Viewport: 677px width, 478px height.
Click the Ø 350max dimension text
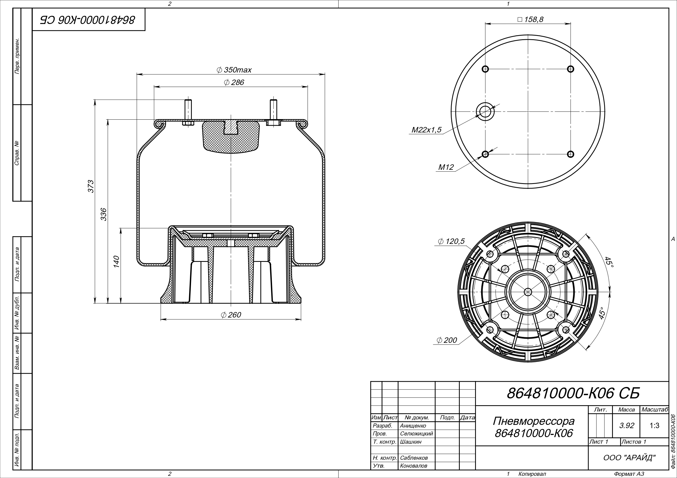click(x=234, y=70)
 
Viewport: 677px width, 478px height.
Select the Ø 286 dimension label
click(x=234, y=83)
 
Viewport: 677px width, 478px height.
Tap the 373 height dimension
click(x=91, y=186)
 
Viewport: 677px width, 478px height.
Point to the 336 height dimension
click(x=103, y=214)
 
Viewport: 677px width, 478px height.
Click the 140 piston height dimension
click(x=117, y=262)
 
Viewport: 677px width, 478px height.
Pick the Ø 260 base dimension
click(x=231, y=315)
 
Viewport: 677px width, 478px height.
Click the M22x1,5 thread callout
click(x=427, y=130)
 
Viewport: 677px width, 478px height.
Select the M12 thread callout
click(x=446, y=167)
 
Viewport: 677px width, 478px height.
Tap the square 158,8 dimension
click(x=530, y=19)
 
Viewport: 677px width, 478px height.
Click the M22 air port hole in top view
click(x=485, y=112)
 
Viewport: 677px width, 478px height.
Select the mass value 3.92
click(x=627, y=426)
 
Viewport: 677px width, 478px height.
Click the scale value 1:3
click(x=654, y=426)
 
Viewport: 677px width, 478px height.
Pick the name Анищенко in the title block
click(x=413, y=426)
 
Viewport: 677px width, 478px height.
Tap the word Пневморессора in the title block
click(x=534, y=421)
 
